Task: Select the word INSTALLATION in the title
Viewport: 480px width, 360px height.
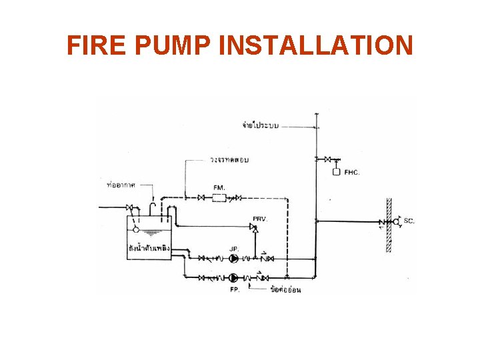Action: point(315,46)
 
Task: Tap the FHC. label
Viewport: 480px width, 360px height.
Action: point(352,173)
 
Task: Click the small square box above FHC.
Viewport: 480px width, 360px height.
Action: point(336,172)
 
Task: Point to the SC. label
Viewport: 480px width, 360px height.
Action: point(409,221)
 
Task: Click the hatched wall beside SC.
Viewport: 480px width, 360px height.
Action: point(389,225)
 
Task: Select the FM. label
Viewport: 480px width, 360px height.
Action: point(219,187)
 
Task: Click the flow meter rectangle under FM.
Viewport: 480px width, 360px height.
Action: point(219,197)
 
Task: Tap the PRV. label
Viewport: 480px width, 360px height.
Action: point(259,218)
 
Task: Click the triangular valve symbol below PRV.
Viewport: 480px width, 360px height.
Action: point(253,227)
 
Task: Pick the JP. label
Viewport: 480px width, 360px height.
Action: point(234,249)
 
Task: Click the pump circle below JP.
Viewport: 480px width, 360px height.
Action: point(234,258)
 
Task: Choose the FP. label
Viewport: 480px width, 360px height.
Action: point(235,289)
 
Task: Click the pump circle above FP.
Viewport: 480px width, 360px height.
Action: point(234,277)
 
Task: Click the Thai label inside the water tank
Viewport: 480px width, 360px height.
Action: point(149,249)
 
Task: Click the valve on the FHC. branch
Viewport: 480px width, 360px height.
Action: point(327,159)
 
